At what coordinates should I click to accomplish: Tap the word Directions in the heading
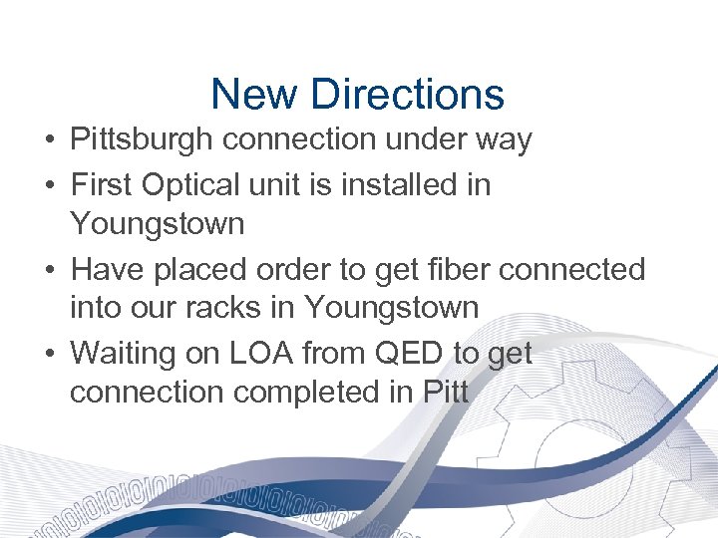click(x=407, y=95)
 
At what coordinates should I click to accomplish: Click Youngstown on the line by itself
click(x=157, y=224)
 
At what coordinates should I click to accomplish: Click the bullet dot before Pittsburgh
click(x=49, y=141)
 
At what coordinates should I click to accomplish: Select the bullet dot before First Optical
click(x=49, y=185)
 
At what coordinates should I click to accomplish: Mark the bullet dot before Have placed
click(x=49, y=270)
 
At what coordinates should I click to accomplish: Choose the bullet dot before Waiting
click(x=49, y=354)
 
